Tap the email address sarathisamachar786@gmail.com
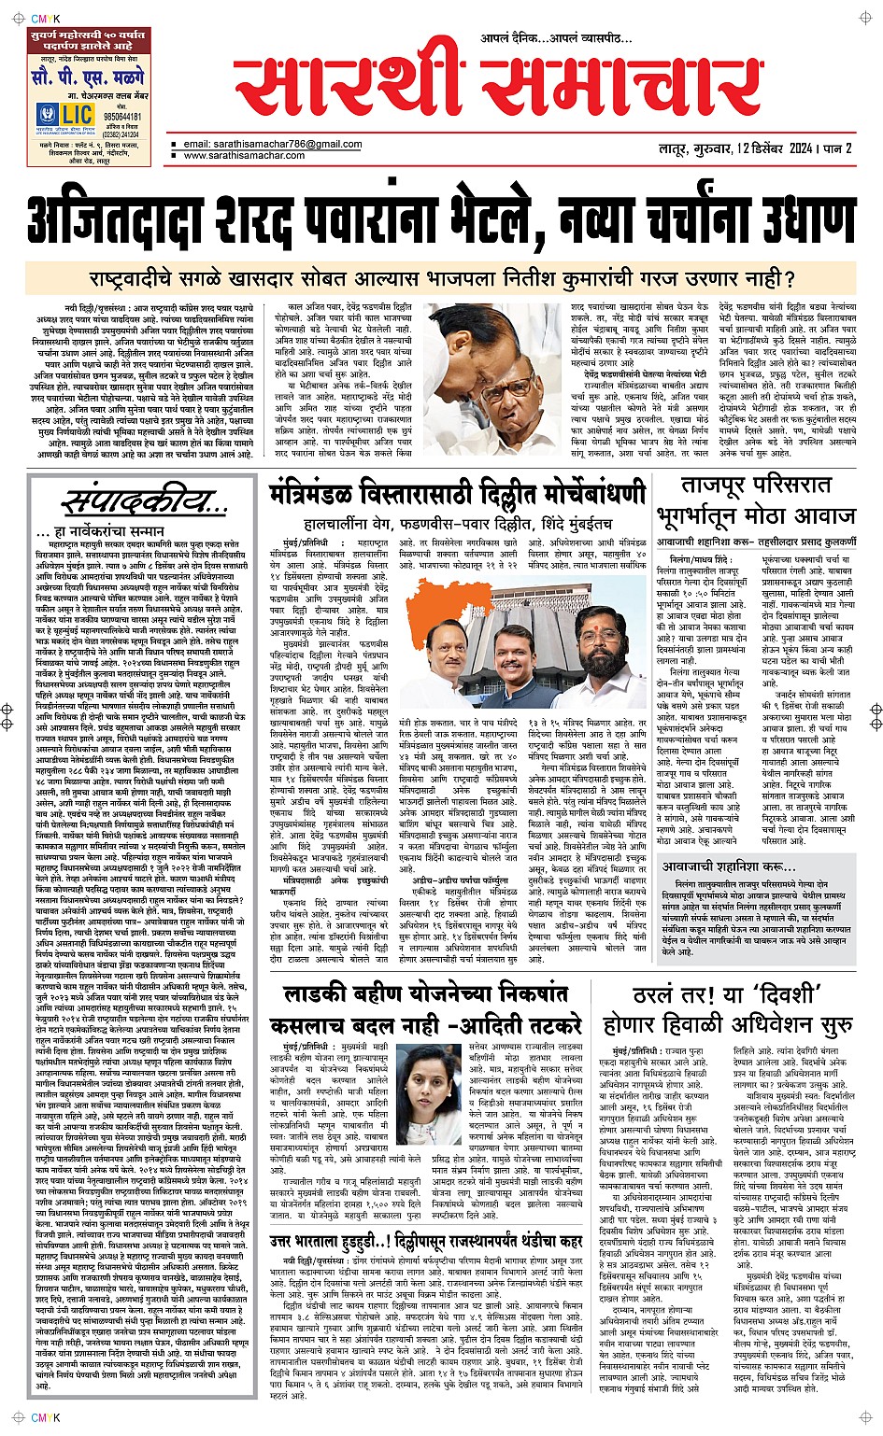[272, 145]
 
